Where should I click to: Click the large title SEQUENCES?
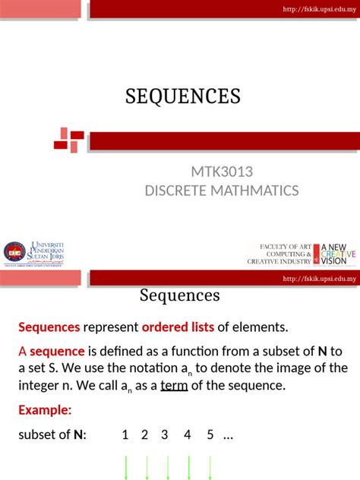(182, 96)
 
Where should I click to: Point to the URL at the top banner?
(319, 8)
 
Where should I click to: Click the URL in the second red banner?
(319, 279)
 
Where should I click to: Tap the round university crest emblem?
(14, 252)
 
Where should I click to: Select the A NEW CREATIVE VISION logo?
(334, 253)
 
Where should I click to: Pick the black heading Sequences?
(179, 295)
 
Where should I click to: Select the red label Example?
(45, 410)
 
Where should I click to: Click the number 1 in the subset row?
(125, 435)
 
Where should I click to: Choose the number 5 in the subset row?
(210, 435)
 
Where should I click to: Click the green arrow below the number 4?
(187, 466)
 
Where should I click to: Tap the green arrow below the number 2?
(145, 466)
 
